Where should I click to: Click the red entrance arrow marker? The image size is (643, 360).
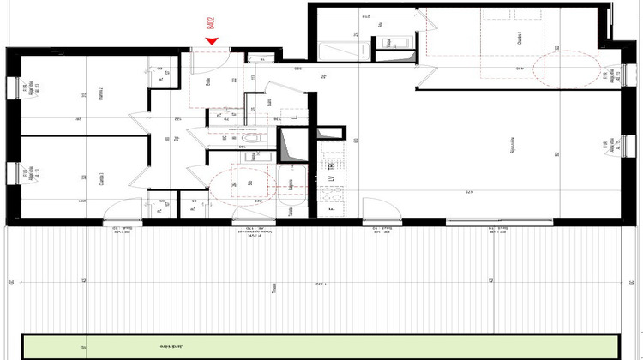click(x=212, y=40)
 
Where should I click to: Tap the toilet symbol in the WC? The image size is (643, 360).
click(x=249, y=137)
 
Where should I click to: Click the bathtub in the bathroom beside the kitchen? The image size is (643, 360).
click(x=291, y=183)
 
